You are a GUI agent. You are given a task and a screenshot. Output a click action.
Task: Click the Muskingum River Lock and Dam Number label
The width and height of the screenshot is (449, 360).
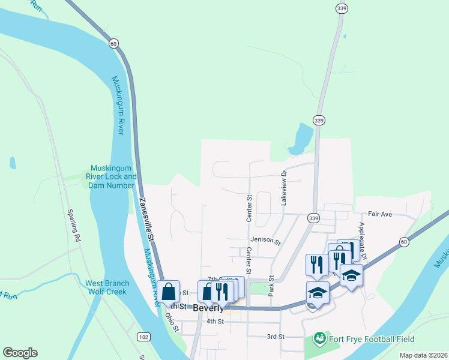(x=113, y=176)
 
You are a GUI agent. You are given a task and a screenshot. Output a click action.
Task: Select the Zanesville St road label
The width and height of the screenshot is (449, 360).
(x=147, y=220)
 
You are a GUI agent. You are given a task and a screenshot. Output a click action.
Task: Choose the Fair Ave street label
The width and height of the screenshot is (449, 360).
(x=379, y=214)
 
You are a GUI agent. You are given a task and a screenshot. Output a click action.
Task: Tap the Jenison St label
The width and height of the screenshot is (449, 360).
(x=265, y=241)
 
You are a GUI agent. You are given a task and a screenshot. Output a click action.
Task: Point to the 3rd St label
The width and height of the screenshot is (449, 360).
(x=276, y=337)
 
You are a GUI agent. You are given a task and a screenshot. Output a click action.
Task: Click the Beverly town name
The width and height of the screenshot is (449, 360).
(x=209, y=308)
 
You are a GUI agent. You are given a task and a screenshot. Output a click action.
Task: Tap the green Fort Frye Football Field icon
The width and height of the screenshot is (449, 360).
(x=319, y=338)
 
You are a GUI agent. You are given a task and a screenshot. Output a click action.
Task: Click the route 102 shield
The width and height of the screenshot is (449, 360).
(x=143, y=337)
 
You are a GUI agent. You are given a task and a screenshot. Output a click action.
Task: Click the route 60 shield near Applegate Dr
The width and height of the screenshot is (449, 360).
(x=405, y=241)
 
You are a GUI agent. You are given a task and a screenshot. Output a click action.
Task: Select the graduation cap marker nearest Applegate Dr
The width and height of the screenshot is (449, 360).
(x=351, y=275)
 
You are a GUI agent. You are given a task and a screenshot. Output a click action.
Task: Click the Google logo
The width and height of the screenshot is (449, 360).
(x=20, y=353)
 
